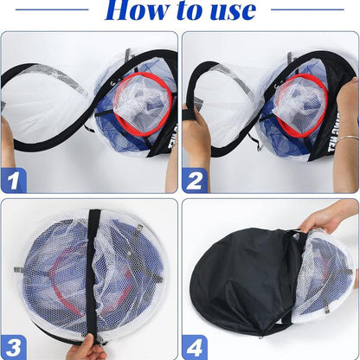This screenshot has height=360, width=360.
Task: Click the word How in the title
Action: tap(138, 10)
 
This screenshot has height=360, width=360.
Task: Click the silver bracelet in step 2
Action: tap(345, 138)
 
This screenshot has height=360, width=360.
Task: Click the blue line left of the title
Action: tap(51, 10)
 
